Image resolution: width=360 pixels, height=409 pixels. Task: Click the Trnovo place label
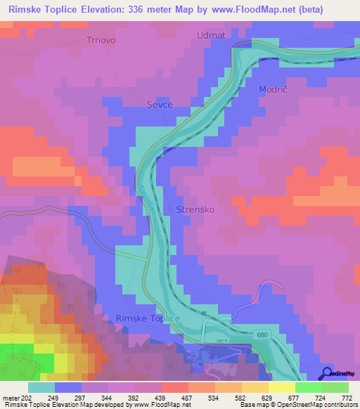(x=101, y=40)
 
